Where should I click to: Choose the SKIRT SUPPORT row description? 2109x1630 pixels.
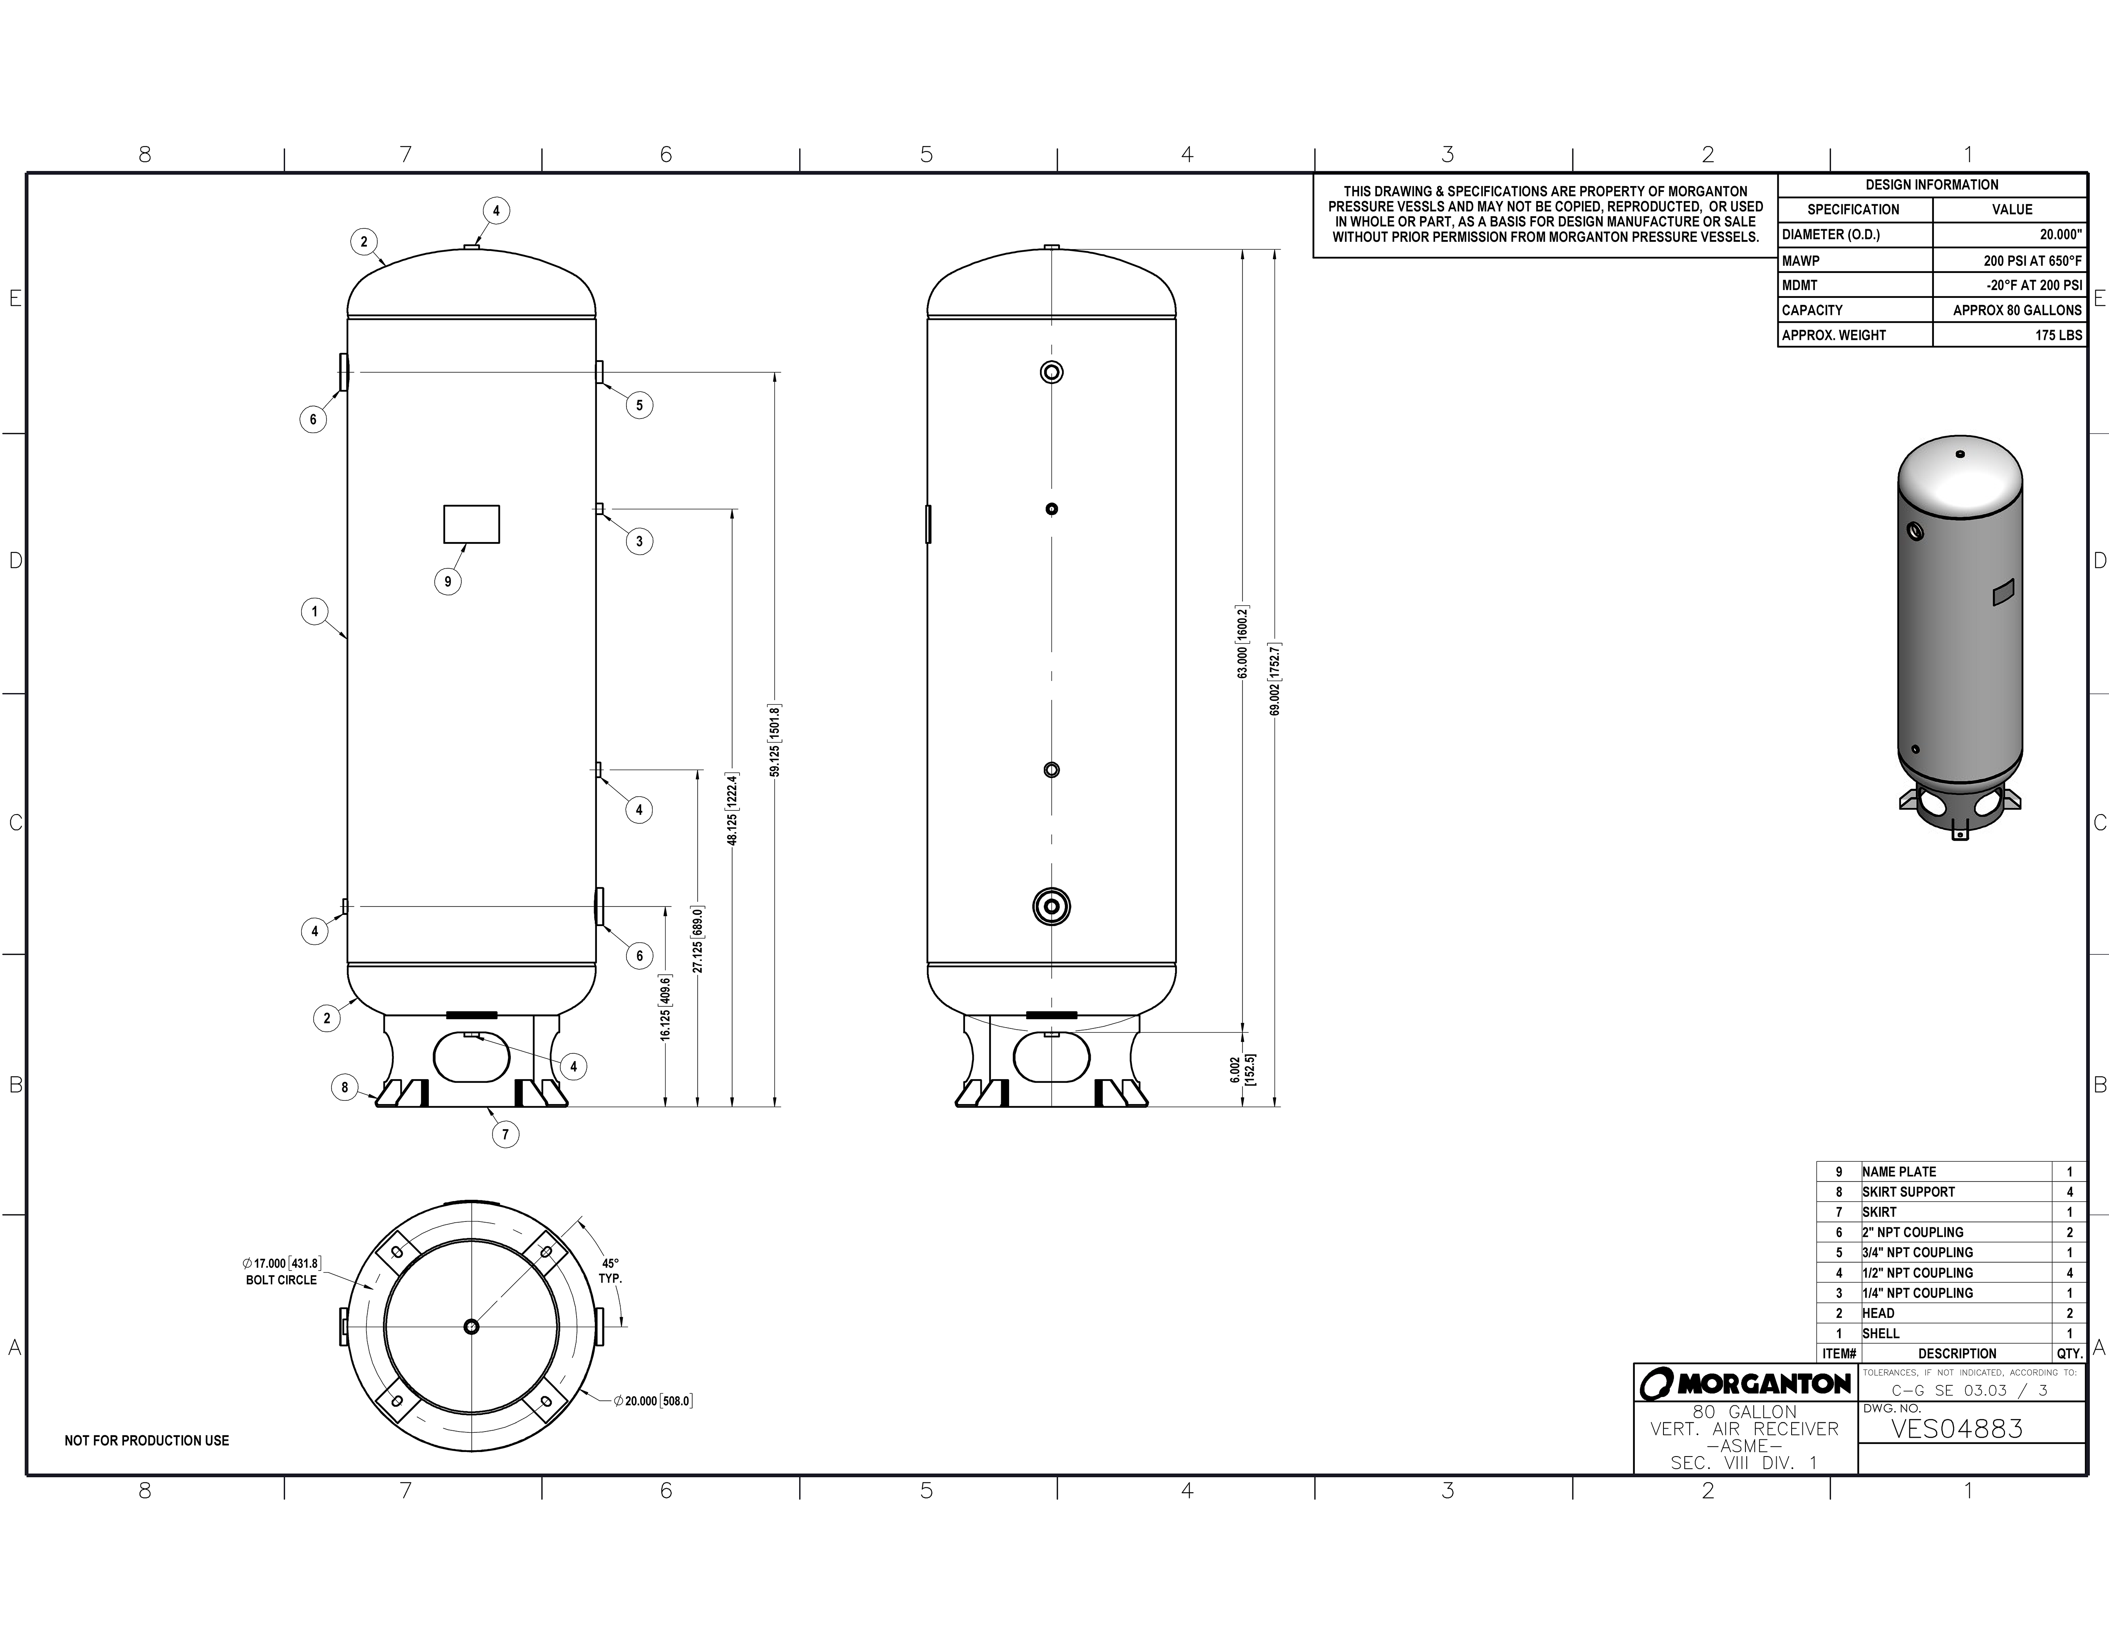[1908, 1192]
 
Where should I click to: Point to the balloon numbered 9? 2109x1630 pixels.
[447, 581]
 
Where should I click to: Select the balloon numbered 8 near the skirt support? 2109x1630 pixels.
[345, 1087]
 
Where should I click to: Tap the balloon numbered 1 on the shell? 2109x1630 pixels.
[314, 611]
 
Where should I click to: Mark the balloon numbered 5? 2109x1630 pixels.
[639, 406]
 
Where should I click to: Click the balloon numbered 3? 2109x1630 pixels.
[639, 542]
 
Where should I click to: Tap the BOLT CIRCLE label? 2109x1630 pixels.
[281, 1279]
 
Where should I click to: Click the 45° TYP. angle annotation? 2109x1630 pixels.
[610, 1270]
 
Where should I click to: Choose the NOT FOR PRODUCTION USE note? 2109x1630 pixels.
[147, 1440]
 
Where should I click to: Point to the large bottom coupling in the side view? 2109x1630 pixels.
[1052, 906]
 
